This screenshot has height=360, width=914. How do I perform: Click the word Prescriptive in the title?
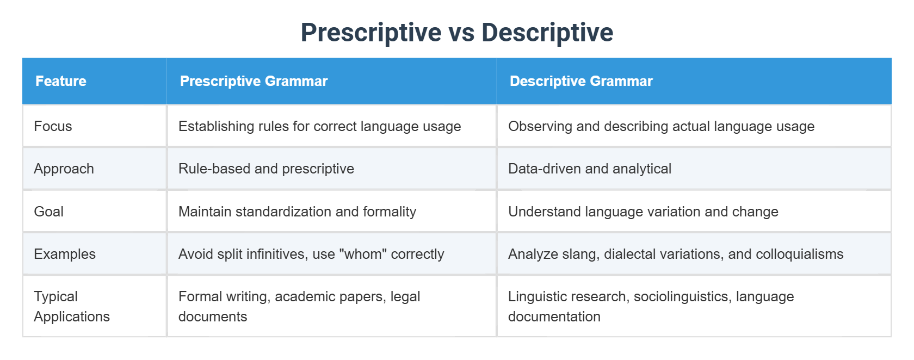coord(371,33)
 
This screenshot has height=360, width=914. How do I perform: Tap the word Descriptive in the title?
coord(547,33)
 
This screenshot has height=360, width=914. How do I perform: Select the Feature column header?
coord(61,81)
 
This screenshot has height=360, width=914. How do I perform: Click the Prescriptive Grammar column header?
coord(254,81)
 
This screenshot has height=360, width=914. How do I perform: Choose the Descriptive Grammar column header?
coord(581,81)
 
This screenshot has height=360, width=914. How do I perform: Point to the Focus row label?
coord(53,126)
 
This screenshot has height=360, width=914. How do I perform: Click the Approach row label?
coord(64,169)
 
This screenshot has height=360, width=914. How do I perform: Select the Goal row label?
coord(48,212)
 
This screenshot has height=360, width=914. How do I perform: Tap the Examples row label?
coord(64,254)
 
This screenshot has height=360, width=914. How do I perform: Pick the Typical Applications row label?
coord(72,307)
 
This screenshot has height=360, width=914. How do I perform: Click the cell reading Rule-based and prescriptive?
coord(266,169)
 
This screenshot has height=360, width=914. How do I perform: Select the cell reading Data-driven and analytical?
coord(590,169)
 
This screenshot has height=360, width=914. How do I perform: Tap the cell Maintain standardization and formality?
coord(297,212)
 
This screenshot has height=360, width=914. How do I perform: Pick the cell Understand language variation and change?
coord(643,212)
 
